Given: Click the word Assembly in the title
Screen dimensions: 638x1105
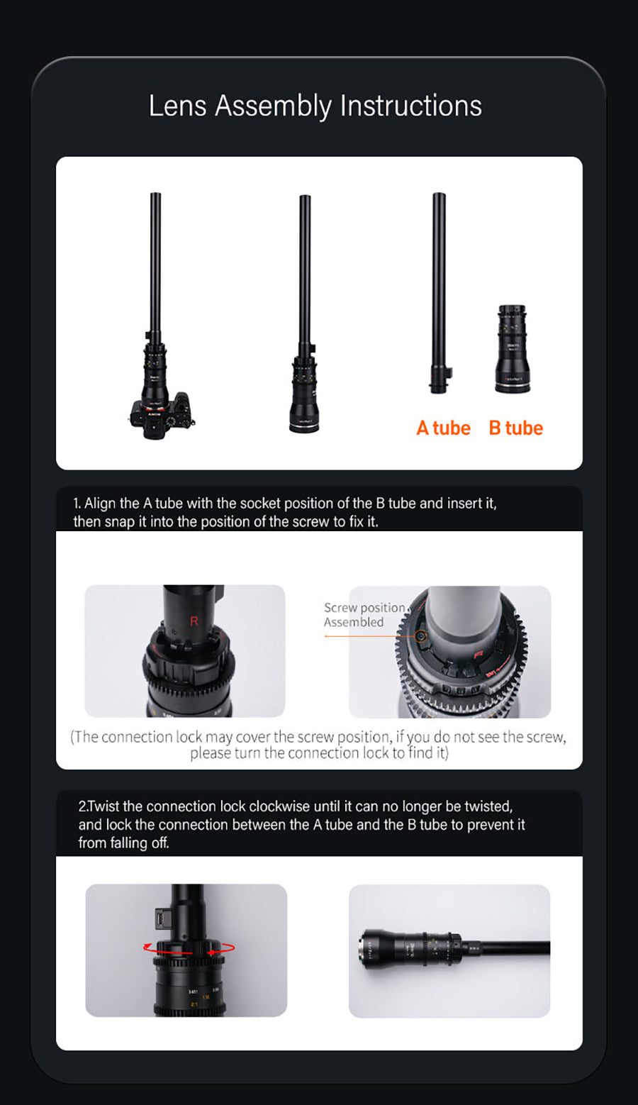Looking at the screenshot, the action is [x=273, y=106].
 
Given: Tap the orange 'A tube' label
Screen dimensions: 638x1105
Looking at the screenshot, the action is [x=443, y=428].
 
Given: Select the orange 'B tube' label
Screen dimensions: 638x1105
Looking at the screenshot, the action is [x=516, y=428].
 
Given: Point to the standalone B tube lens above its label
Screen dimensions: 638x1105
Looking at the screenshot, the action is [x=513, y=349].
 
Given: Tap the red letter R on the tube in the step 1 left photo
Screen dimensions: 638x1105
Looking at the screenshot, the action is [x=194, y=621].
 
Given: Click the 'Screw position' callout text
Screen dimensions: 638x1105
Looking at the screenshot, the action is [x=364, y=608].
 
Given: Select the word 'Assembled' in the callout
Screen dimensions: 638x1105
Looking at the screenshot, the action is [x=354, y=623].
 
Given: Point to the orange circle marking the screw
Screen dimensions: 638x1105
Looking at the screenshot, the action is [x=421, y=636].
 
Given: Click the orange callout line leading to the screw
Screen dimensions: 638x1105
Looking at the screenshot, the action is [x=370, y=636].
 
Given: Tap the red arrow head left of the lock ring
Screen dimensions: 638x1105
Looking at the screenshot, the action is [x=147, y=946].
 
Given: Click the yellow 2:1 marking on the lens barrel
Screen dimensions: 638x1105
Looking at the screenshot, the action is [x=194, y=1004].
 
